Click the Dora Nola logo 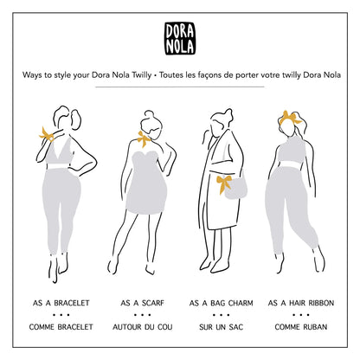(180, 39)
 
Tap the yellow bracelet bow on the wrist (46, 135)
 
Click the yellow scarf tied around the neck (144, 139)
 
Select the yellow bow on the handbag (224, 184)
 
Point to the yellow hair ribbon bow (290, 118)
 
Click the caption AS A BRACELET (61, 303)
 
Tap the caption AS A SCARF (143, 303)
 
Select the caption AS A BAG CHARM (222, 303)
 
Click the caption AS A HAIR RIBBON (301, 303)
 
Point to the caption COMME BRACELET (61, 327)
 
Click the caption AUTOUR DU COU (143, 327)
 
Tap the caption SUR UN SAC (222, 327)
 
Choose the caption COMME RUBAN (301, 327)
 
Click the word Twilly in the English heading (142, 75)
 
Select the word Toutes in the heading (170, 75)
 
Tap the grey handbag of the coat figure (236, 188)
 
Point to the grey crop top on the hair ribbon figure (292, 150)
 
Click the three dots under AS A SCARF (143, 315)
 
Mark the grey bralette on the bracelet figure (59, 153)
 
